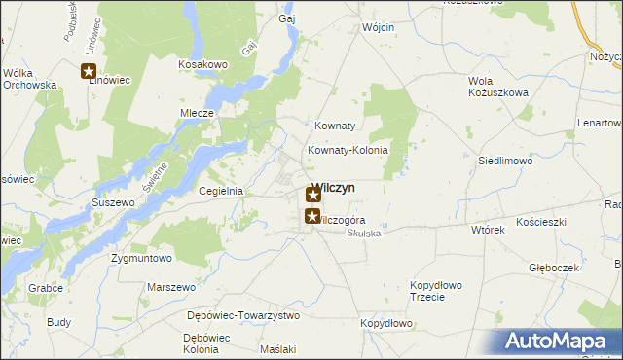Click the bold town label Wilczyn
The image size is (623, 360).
[x=335, y=188]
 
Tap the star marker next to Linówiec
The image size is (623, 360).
[x=89, y=70]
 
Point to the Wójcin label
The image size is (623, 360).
[x=378, y=27]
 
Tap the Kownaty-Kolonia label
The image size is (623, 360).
[x=348, y=150]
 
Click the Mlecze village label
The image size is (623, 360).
[x=197, y=113]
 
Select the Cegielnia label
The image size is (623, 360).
[x=220, y=192]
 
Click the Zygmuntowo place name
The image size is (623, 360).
[x=141, y=259]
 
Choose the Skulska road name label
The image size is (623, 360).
[x=364, y=234]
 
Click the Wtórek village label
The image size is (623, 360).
[x=488, y=231]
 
